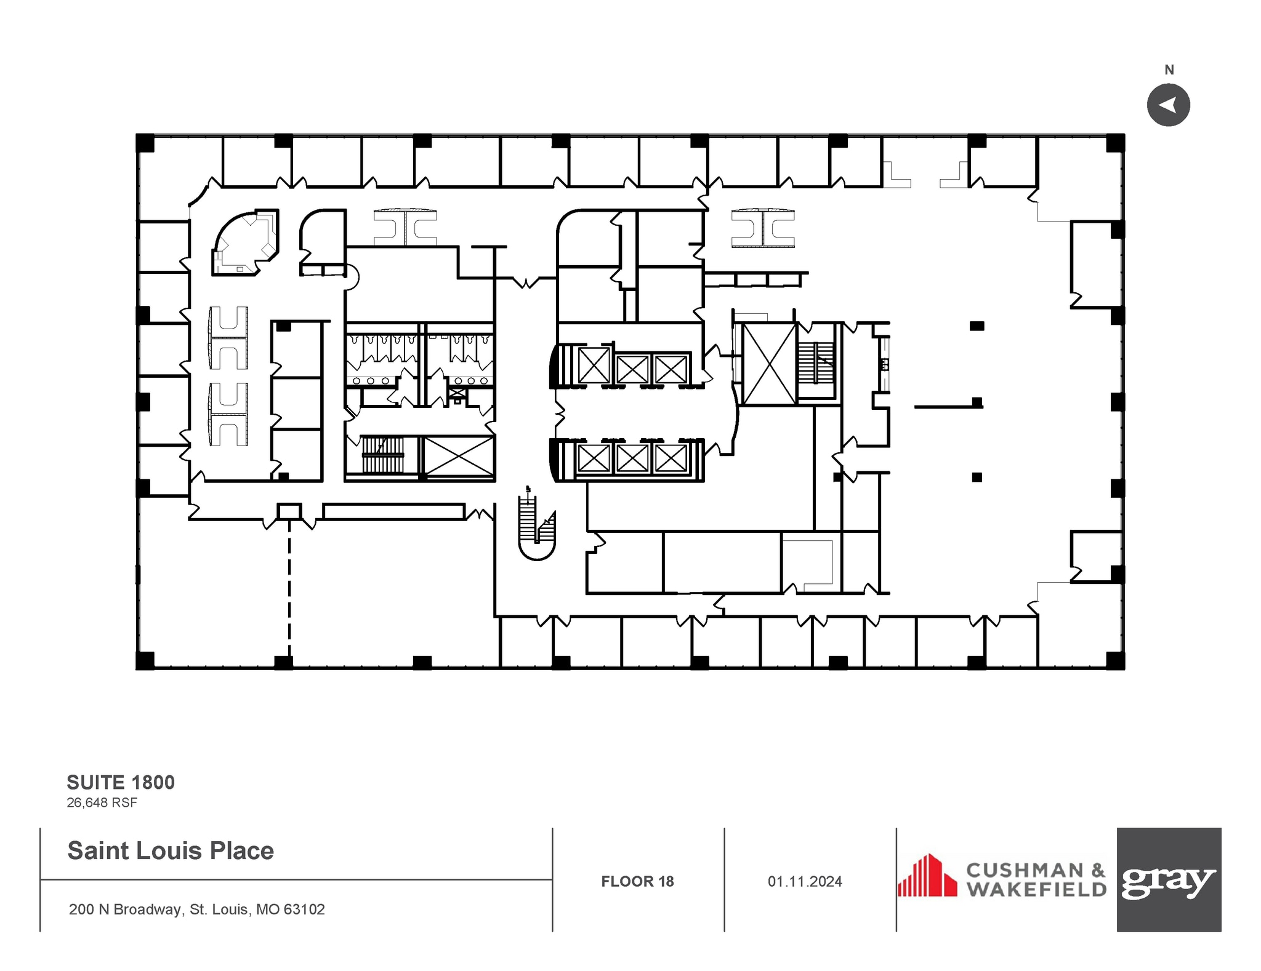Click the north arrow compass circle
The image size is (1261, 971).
(1168, 105)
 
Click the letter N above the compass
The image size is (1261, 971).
(1169, 70)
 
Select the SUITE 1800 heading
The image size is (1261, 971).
(121, 782)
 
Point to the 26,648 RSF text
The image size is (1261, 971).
(102, 802)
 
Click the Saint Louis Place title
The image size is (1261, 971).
(171, 850)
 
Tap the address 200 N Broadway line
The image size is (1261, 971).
(197, 909)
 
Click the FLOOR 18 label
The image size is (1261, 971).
(637, 881)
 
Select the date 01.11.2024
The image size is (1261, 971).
(804, 881)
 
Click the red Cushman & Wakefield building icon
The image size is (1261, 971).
(927, 876)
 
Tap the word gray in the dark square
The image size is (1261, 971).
(1168, 882)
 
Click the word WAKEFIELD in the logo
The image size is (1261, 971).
(1036, 890)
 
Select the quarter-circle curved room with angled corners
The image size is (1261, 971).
(245, 243)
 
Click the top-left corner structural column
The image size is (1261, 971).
(145, 143)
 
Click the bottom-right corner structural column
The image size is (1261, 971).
(1115, 660)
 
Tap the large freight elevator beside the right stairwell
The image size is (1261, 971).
(769, 364)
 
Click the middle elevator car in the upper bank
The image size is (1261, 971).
(632, 369)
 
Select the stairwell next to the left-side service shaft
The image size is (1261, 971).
(382, 455)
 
